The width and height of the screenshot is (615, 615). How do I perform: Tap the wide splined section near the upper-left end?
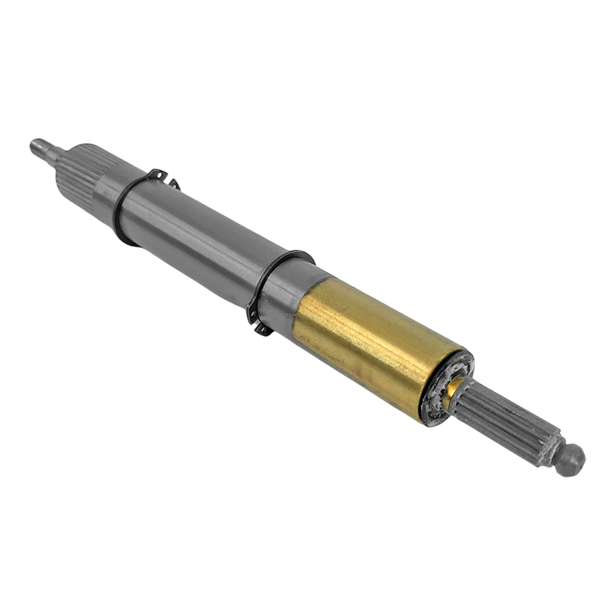(77, 168)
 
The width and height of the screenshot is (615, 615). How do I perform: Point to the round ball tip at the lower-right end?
(570, 460)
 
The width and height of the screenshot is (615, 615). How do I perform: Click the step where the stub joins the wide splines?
(55, 153)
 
